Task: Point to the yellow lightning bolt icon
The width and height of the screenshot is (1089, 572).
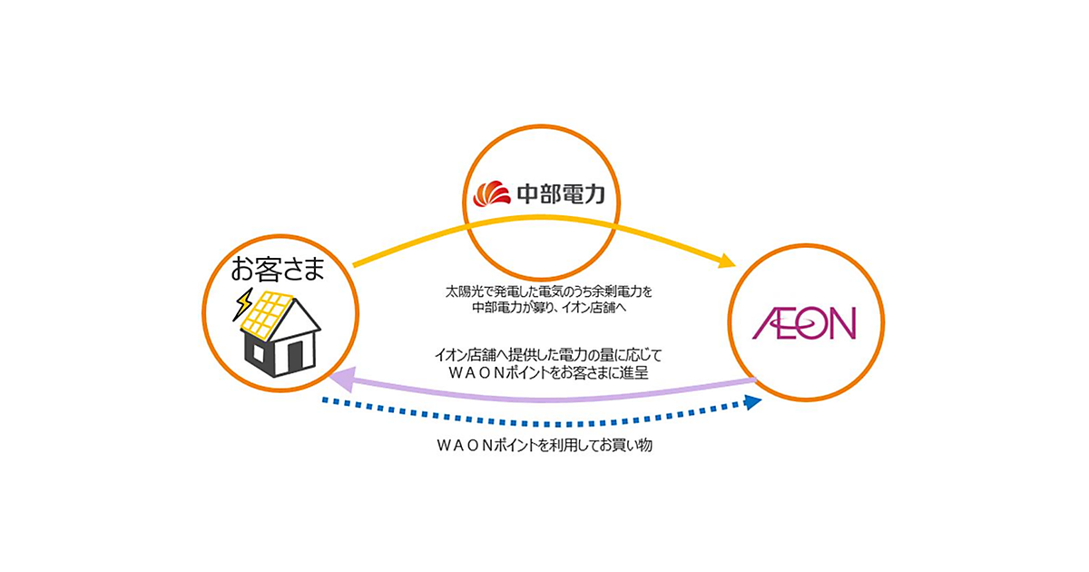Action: pyautogui.click(x=242, y=305)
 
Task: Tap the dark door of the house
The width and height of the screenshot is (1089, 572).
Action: pyautogui.click(x=295, y=358)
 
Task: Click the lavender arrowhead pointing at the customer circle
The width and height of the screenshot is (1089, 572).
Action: pyautogui.click(x=338, y=379)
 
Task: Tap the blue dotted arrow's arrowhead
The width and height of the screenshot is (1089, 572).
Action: pyautogui.click(x=752, y=402)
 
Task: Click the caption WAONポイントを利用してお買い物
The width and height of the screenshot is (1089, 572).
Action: pyautogui.click(x=544, y=448)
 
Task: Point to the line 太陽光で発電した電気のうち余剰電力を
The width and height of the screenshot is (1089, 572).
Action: pyautogui.click(x=550, y=292)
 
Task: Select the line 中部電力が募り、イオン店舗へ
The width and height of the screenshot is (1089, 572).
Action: pyautogui.click(x=550, y=309)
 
